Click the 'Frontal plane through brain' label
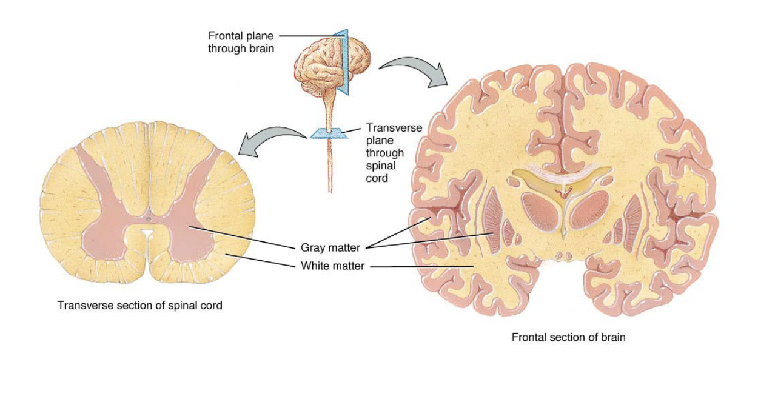coord(241,42)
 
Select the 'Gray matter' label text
coord(330,247)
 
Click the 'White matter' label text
coord(332,266)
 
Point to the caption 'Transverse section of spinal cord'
coord(139,306)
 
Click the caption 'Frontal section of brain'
coord(568,337)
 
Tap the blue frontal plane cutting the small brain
coord(343,61)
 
